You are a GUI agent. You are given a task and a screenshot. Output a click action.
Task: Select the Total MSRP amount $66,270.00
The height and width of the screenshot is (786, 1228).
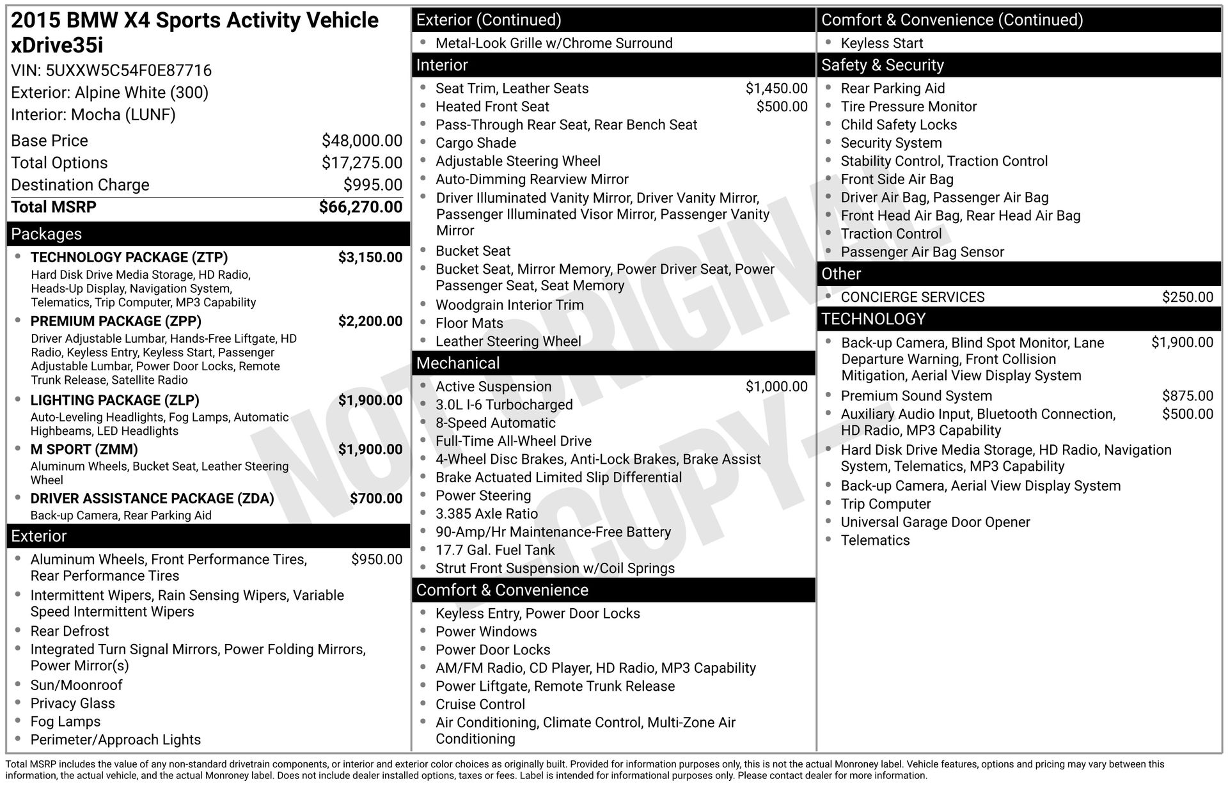pos(361,207)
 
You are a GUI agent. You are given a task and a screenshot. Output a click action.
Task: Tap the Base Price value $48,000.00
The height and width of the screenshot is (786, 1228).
pos(362,141)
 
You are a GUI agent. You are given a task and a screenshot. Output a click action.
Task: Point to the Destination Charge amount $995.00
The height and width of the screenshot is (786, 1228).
pos(373,185)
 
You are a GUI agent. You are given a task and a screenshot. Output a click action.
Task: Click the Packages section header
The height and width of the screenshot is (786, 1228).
pos(47,234)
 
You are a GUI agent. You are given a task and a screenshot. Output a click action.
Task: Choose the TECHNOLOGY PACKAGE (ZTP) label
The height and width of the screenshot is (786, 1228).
pos(129,258)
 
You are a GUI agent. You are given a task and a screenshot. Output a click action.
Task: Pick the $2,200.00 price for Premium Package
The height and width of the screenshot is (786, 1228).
pos(370,321)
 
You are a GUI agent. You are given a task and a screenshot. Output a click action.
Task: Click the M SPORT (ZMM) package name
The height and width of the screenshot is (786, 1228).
pos(84,450)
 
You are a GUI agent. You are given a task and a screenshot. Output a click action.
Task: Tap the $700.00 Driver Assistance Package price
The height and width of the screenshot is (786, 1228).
pos(376,499)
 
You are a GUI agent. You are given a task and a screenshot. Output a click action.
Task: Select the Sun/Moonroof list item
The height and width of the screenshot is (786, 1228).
pos(77,686)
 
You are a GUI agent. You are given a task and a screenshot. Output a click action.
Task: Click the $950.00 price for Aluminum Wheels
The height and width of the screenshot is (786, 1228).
pos(377,560)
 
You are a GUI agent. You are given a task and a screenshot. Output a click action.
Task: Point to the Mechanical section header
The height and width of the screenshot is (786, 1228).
pos(458,363)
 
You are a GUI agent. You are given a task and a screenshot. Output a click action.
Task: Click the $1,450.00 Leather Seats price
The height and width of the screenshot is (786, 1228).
pos(776,88)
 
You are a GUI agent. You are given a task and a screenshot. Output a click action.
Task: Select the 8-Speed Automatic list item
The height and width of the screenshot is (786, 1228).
pos(496,423)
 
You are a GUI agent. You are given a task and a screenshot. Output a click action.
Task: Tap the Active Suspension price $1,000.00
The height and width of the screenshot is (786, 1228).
pos(776,387)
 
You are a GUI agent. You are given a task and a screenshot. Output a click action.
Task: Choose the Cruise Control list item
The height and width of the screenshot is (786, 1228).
pos(480,705)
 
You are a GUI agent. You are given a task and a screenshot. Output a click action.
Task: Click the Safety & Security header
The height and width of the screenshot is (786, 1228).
pos(883,65)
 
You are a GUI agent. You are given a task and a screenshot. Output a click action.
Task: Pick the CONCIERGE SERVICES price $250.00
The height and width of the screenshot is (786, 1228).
pos(1188,297)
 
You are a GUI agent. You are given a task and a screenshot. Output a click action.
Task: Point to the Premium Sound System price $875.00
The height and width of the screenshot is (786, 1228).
pos(1188,397)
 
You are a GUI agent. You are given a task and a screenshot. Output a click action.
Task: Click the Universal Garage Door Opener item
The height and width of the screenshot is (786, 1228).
pos(935,523)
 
